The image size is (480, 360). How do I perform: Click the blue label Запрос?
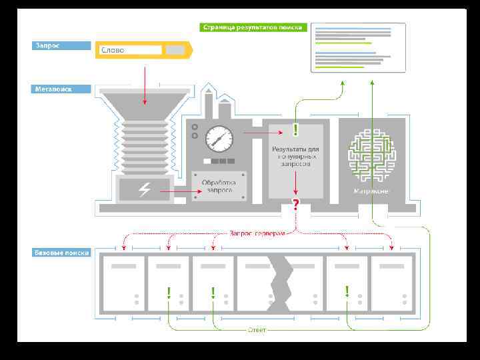[61, 46]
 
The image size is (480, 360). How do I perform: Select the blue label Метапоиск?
[61, 88]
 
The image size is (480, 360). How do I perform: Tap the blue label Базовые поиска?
[61, 253]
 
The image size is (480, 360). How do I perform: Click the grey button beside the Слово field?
[175, 50]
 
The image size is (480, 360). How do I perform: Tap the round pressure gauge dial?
[217, 139]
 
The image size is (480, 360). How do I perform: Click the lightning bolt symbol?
[144, 191]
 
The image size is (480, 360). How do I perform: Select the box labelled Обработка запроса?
[220, 186]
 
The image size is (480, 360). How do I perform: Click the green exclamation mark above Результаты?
[295, 129]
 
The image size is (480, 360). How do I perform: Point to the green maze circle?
[371, 155]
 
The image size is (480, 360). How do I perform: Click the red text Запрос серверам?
[257, 233]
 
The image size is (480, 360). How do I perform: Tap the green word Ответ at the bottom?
[257, 330]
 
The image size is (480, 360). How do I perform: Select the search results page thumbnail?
[357, 47]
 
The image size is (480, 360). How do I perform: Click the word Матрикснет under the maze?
[371, 191]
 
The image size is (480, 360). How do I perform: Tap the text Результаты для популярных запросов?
[295, 155]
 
